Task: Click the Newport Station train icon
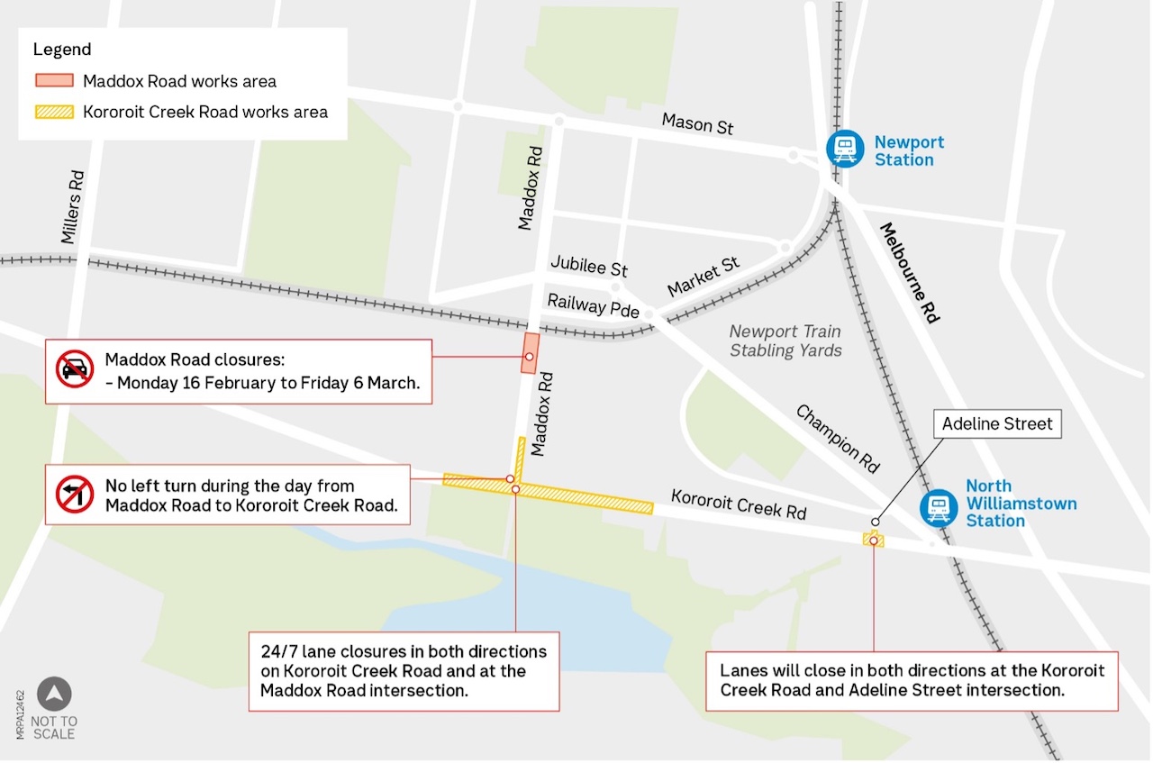[x=845, y=150]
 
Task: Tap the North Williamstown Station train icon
[x=938, y=506]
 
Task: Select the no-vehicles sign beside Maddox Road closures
[x=75, y=370]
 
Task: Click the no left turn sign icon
[x=75, y=495]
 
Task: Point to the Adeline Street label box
[x=997, y=423]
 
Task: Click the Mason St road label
[x=697, y=123]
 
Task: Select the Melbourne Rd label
[x=910, y=272]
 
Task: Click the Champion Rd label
[x=837, y=439]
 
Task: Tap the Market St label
[x=703, y=277]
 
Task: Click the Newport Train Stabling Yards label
[x=785, y=341]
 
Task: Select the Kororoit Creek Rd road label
[x=739, y=504]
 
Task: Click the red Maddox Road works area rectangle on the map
[x=530, y=353]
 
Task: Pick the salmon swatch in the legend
[x=54, y=81]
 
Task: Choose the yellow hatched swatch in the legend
[x=54, y=113]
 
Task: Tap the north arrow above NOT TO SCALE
[x=54, y=694]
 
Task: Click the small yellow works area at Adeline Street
[x=873, y=540]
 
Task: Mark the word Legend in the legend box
[x=62, y=50]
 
